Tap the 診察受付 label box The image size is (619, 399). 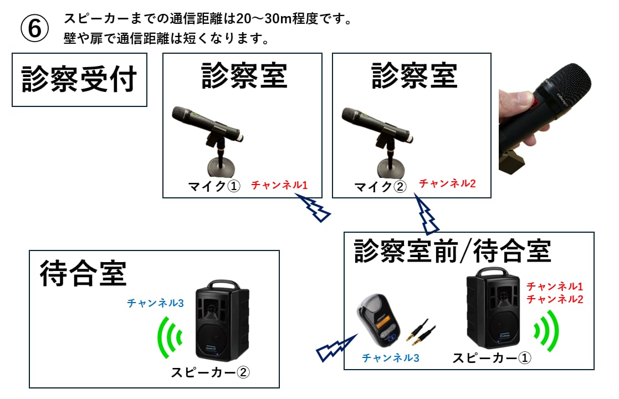pyautogui.click(x=79, y=80)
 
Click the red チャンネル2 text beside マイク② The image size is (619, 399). pyautogui.click(x=447, y=183)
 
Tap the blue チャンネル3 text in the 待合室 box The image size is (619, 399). pyautogui.click(x=155, y=303)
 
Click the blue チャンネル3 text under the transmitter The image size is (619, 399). pyautogui.click(x=390, y=357)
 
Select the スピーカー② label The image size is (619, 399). pyautogui.click(x=211, y=372)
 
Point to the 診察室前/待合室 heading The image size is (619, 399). pyautogui.click(x=452, y=251)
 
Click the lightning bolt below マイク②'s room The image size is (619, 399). pyautogui.click(x=428, y=216)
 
